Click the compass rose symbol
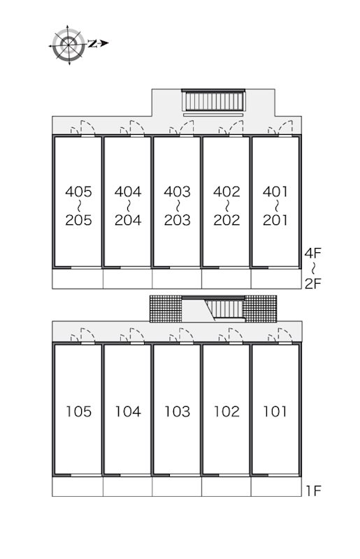[x=69, y=45]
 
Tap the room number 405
[x=78, y=191]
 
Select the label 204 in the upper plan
[x=128, y=220]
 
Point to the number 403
[x=178, y=191]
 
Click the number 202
[x=226, y=220]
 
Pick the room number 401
[x=275, y=191]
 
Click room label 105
[x=79, y=412]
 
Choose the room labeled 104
[x=128, y=412]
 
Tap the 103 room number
[x=178, y=412]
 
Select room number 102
[x=226, y=412]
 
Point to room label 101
[x=275, y=412]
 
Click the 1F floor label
[x=313, y=491]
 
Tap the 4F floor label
[x=313, y=253]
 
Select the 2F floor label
[x=313, y=284]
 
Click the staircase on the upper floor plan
[x=213, y=101]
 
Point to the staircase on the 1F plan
[x=226, y=309]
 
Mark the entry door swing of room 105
[x=82, y=337]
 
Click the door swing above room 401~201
[x=280, y=129]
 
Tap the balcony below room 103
[x=177, y=486]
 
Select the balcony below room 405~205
[x=78, y=279]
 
